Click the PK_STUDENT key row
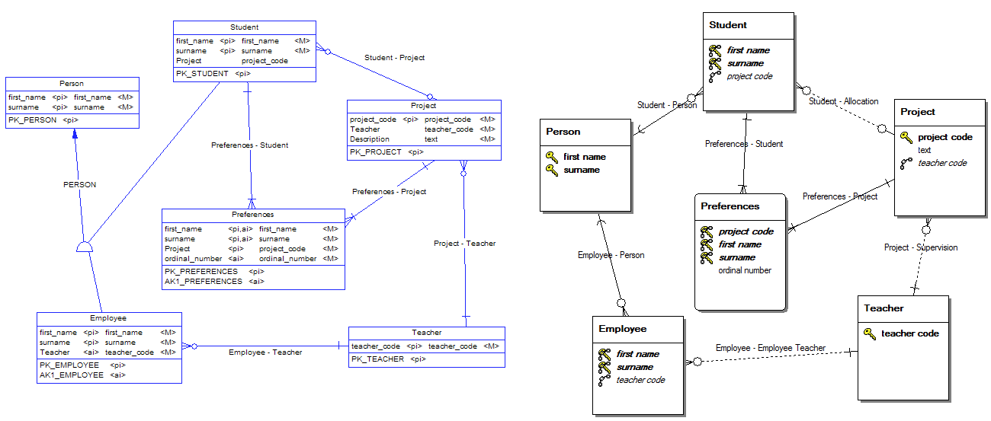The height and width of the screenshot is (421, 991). tap(202, 74)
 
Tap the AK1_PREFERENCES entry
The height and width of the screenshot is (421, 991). tap(203, 282)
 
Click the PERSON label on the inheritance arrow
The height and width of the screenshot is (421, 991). tap(79, 184)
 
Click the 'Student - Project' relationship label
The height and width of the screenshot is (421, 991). tap(394, 58)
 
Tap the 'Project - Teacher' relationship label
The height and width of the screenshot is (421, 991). tap(464, 244)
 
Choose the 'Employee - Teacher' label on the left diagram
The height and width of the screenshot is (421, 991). tap(265, 352)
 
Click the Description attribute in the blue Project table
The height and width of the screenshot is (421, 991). tap(370, 139)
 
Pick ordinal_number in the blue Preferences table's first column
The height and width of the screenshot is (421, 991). tap(194, 259)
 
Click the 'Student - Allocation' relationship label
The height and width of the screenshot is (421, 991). tap(843, 101)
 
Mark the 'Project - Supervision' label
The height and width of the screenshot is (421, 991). tap(921, 247)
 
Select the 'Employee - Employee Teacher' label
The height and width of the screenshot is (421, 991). tap(770, 348)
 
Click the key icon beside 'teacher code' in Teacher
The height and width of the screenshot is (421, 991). tap(870, 333)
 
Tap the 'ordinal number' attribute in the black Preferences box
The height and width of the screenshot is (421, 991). tap(745, 270)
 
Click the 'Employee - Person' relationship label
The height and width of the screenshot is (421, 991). tap(611, 255)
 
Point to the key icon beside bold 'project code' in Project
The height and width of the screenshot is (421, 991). tap(906, 137)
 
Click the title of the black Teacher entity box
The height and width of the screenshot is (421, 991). tap(884, 308)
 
